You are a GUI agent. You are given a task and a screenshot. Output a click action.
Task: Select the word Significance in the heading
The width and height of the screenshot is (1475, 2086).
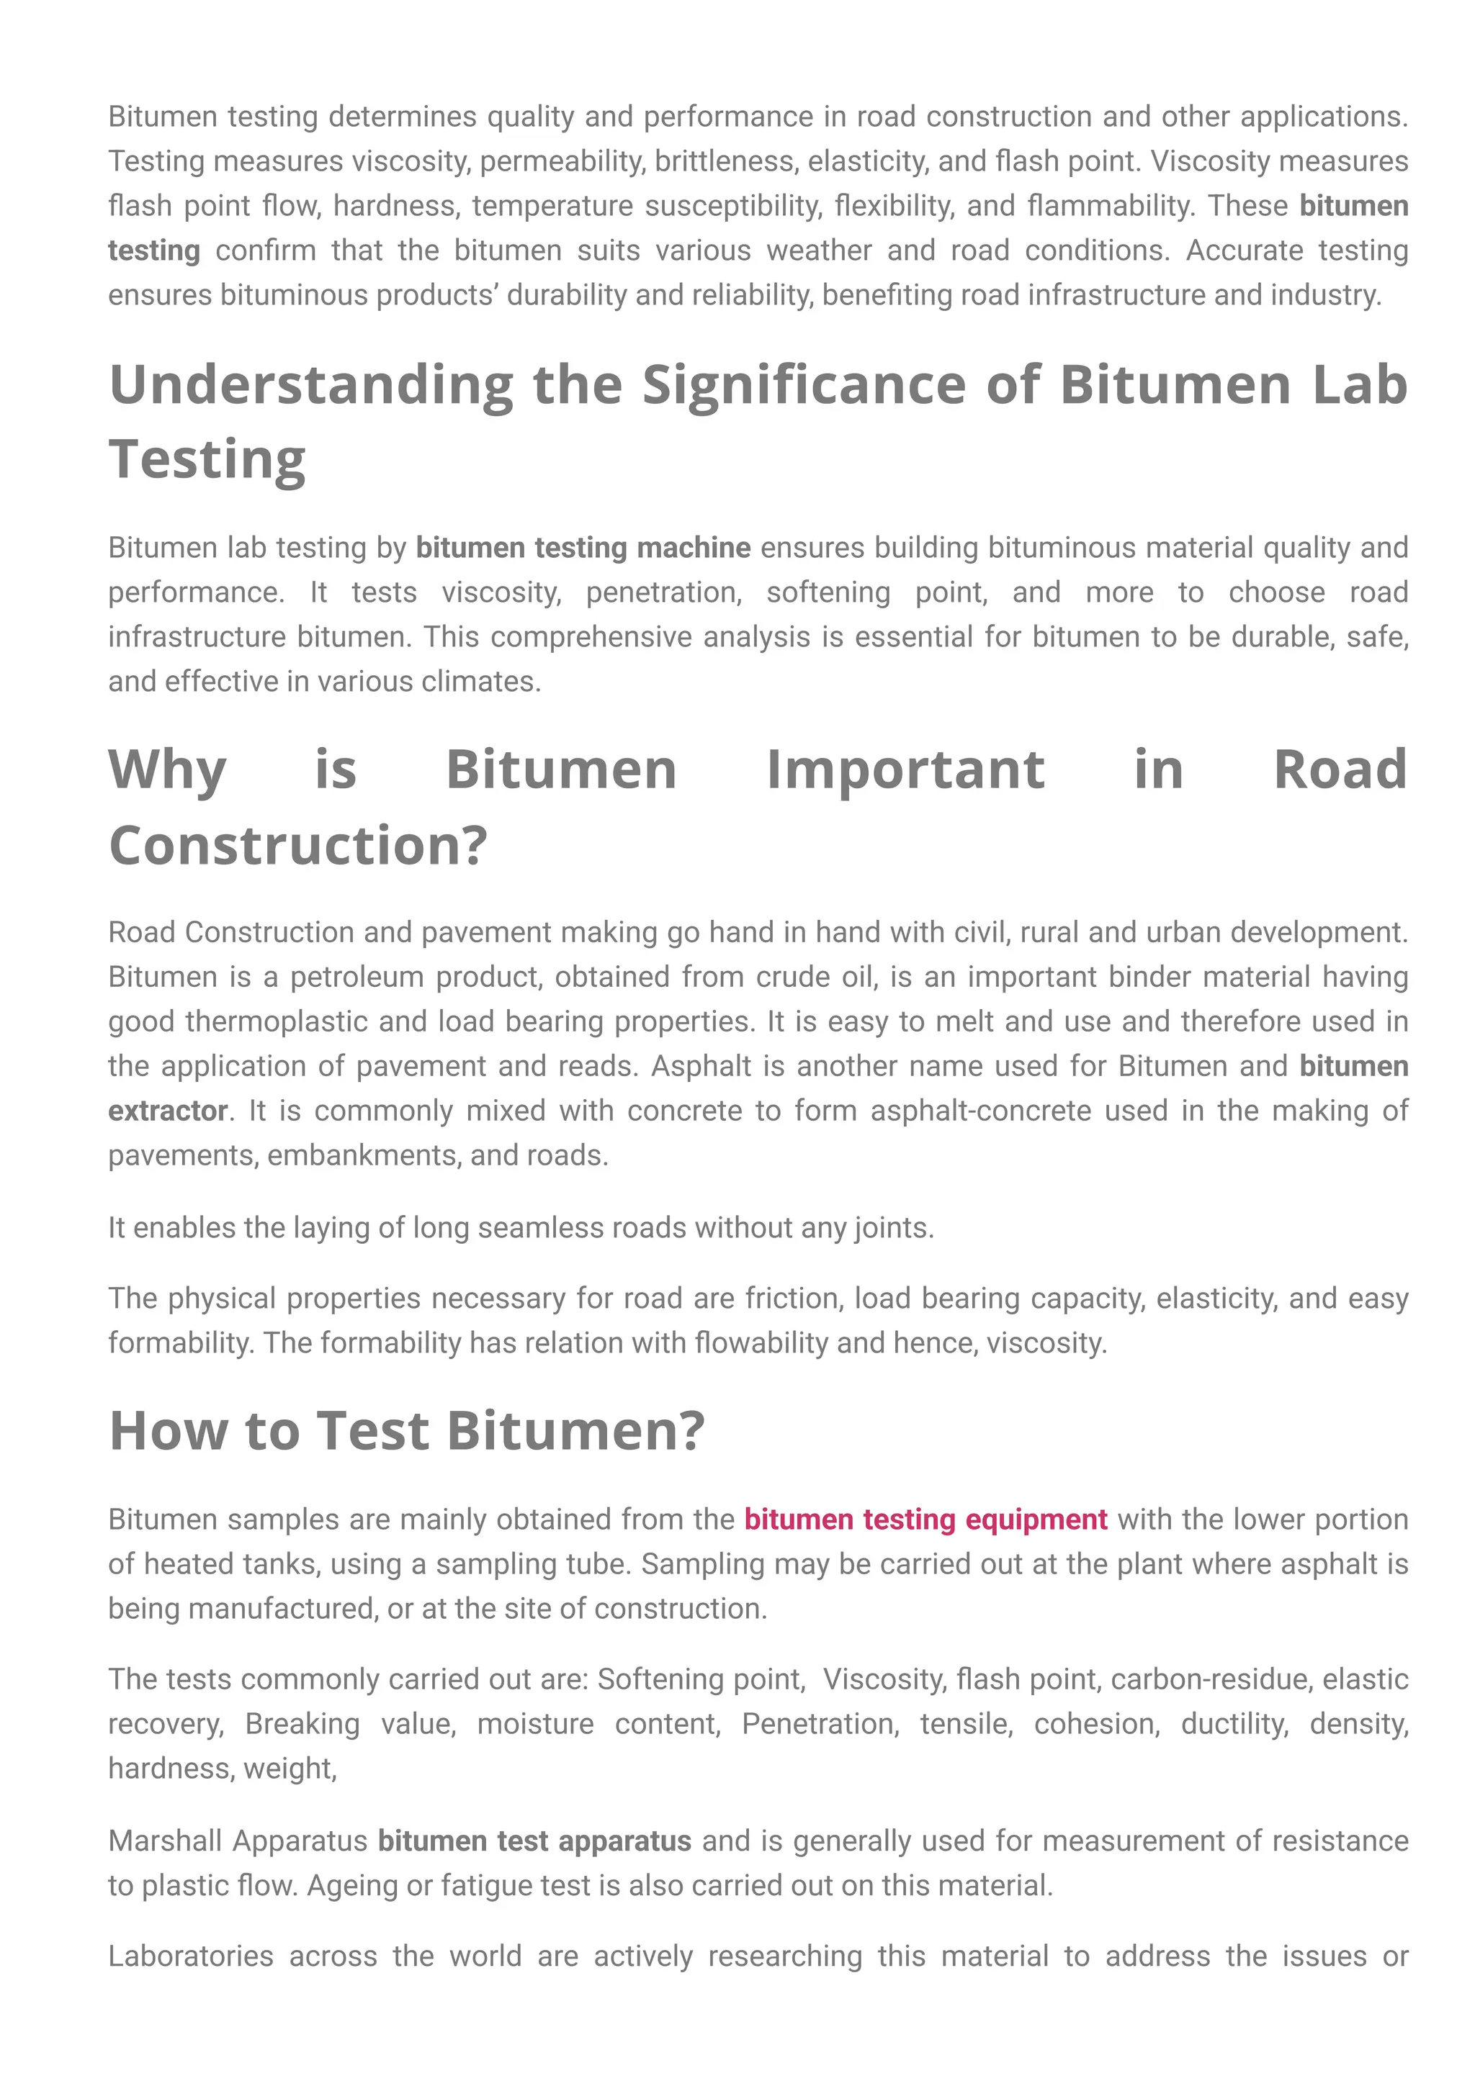pos(804,385)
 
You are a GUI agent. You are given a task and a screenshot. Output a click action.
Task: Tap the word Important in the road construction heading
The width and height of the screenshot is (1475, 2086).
pos(905,769)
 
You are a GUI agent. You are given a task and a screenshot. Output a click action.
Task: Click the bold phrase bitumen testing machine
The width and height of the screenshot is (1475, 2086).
pos(583,548)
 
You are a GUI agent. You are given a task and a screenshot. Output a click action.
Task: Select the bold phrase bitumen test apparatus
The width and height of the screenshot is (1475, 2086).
pos(534,1841)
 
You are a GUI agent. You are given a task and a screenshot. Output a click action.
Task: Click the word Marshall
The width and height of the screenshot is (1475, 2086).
pos(166,1841)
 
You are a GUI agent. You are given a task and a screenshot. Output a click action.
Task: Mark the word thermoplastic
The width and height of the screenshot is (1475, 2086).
pos(277,1021)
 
